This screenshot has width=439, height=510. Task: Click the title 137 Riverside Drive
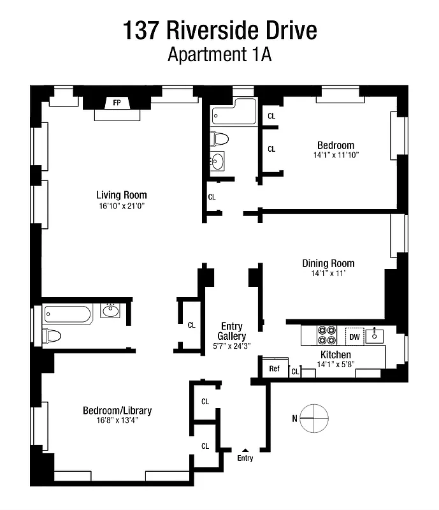click(219, 30)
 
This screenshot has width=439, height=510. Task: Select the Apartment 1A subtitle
click(219, 55)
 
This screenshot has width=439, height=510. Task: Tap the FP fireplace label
click(117, 103)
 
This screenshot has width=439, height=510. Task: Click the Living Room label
click(122, 195)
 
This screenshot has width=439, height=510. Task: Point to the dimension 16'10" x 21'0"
click(122, 206)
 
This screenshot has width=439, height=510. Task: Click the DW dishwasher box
click(354, 335)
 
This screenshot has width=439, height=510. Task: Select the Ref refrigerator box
click(274, 368)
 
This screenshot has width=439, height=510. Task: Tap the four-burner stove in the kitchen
click(327, 335)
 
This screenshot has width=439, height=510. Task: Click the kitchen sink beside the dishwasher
click(376, 335)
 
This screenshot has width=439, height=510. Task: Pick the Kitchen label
click(335, 355)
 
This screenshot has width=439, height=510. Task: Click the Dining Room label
click(328, 263)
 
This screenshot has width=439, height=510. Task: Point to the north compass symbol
click(316, 418)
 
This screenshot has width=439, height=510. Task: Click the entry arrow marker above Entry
click(245, 450)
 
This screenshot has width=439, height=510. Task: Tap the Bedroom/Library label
click(117, 411)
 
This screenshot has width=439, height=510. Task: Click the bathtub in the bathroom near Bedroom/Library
click(67, 314)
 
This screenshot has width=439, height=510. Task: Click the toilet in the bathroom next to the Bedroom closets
click(220, 138)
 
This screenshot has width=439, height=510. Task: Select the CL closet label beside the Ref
click(295, 371)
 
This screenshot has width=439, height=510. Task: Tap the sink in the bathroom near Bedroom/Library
click(110, 311)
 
